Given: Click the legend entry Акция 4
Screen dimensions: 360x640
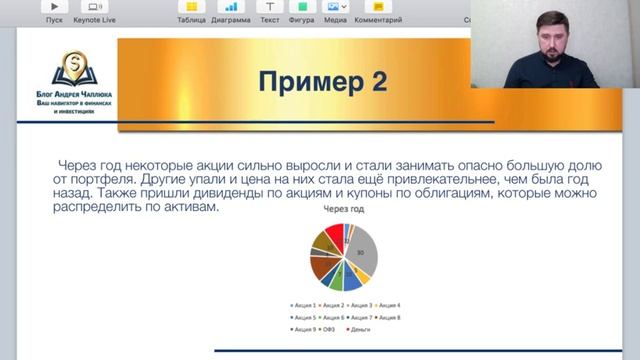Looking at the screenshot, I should pos(387,304).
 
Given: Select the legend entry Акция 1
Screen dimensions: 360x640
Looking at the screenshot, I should pos(303,304).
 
